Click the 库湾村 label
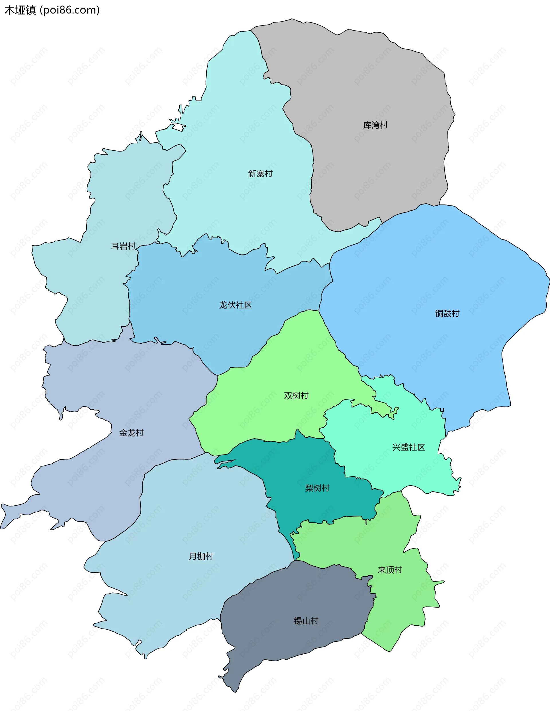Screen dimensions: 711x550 click(375, 125)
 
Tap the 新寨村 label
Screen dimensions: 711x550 click(260, 174)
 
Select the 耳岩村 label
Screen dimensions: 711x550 click(123, 246)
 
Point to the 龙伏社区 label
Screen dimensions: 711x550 click(235, 305)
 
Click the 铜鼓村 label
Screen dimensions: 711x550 click(447, 313)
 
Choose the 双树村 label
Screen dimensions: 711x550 click(296, 395)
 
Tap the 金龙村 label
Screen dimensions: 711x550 click(131, 433)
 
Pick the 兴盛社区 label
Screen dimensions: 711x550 click(408, 447)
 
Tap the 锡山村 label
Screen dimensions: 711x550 click(306, 621)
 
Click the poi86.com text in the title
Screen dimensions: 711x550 click(70, 10)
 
